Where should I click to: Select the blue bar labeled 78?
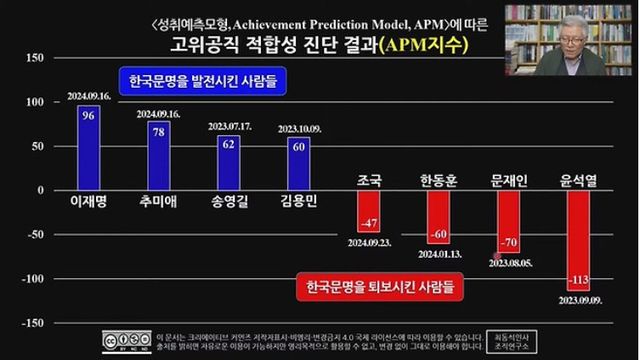[158, 155]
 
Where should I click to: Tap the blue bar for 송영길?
[228, 162]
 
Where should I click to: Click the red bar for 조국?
[368, 210]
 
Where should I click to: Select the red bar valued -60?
[438, 216]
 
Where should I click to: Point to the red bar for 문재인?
[508, 221]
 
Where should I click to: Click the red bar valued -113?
[578, 240]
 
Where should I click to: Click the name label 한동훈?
[438, 180]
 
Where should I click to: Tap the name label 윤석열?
[578, 180]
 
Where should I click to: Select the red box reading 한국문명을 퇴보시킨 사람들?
[380, 286]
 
